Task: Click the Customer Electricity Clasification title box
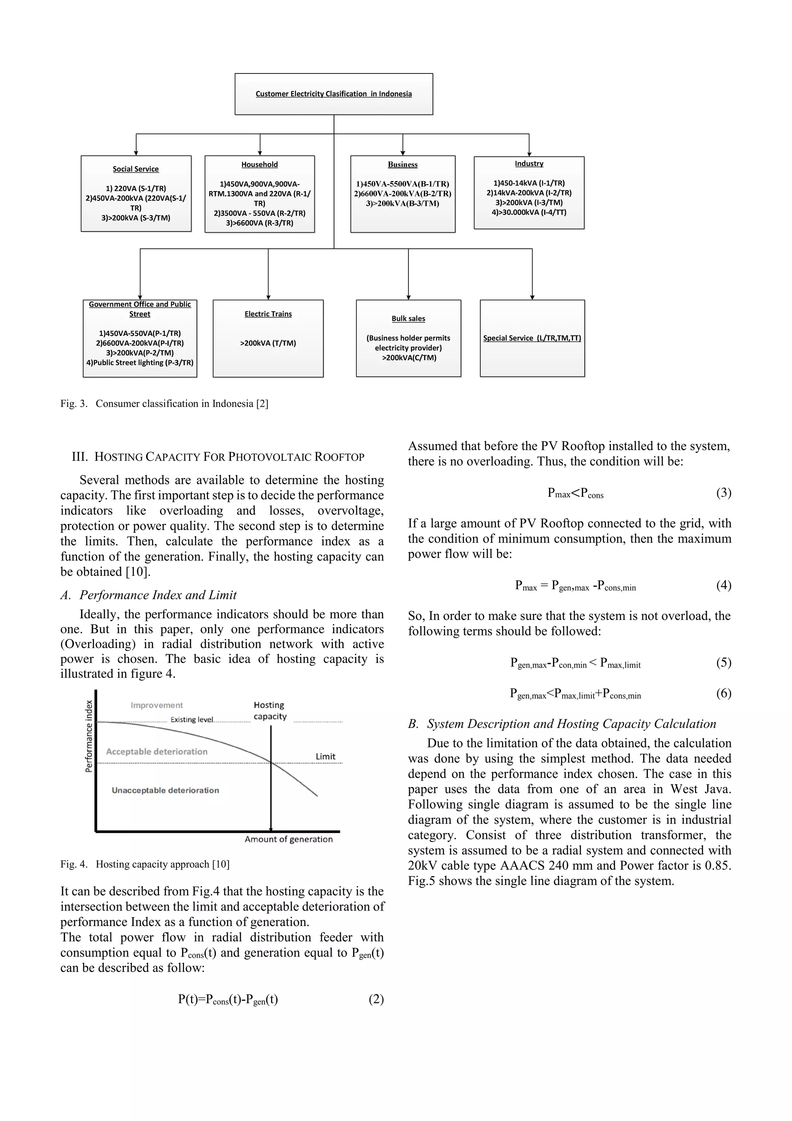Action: point(333,94)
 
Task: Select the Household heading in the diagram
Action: point(259,164)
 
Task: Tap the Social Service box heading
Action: point(136,169)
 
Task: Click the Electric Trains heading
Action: point(268,314)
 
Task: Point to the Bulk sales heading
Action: point(408,318)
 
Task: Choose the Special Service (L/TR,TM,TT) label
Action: point(532,338)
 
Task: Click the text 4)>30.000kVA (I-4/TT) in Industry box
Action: point(529,212)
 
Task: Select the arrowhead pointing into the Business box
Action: point(403,153)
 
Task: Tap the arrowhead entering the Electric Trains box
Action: point(268,297)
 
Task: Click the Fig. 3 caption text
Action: point(164,404)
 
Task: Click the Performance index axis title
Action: point(89,736)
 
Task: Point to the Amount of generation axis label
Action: point(288,839)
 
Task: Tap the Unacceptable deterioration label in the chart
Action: point(165,790)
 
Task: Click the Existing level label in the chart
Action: point(191,720)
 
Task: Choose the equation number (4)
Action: point(723,585)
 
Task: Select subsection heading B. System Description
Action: point(562,724)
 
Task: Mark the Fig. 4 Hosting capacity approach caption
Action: point(145,864)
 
